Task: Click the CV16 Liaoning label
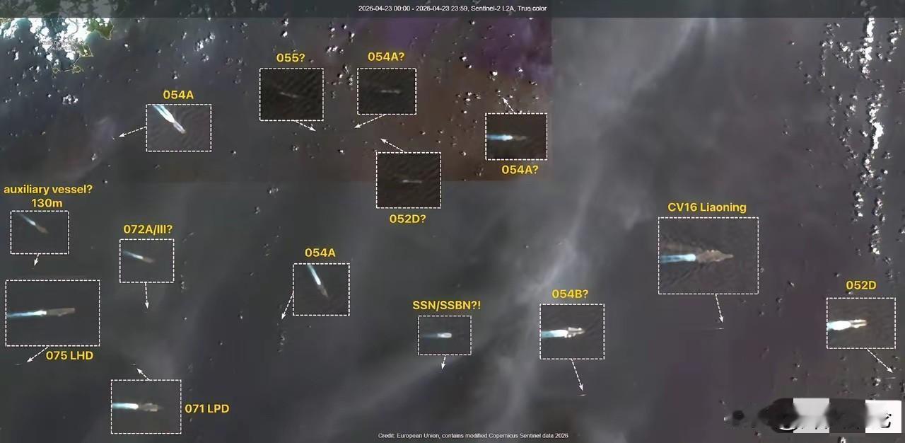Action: pyautogui.click(x=706, y=207)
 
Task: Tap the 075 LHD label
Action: pyautogui.click(x=69, y=355)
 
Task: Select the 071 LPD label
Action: pyautogui.click(x=206, y=408)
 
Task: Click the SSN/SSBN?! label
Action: pyautogui.click(x=446, y=305)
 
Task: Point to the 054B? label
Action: pyautogui.click(x=570, y=294)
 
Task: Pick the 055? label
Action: pyautogui.click(x=290, y=58)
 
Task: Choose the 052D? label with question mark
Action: pyautogui.click(x=407, y=219)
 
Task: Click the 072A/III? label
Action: pyautogui.click(x=148, y=229)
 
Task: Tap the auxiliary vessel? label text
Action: pyautogui.click(x=48, y=190)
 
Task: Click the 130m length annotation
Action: pyautogui.click(x=47, y=203)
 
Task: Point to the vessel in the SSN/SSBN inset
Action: pyautogui.click(x=443, y=335)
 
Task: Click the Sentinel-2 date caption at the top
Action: pyautogui.click(x=452, y=8)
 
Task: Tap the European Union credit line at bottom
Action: pyautogui.click(x=472, y=436)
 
